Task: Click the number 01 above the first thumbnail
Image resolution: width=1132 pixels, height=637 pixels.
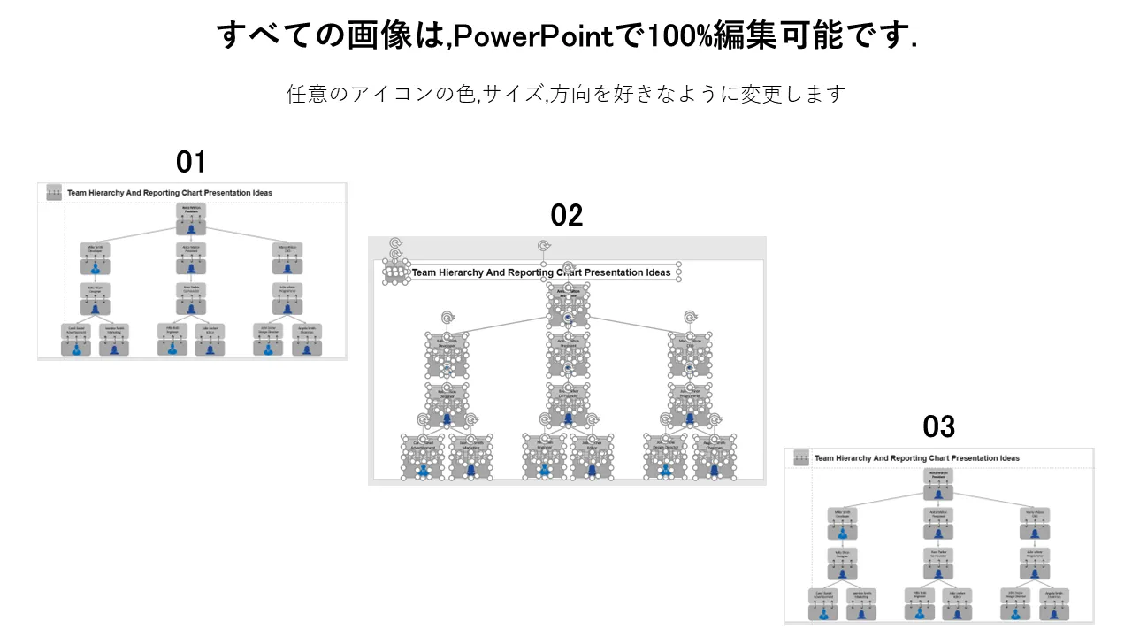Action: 191,162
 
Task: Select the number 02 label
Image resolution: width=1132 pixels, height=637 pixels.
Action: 567,215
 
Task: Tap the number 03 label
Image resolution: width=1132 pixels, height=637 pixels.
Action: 938,427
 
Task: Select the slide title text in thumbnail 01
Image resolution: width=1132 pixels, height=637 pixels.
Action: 170,192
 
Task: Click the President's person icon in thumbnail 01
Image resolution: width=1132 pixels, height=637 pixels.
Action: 191,229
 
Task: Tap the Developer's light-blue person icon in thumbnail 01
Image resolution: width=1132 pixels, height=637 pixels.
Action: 96,267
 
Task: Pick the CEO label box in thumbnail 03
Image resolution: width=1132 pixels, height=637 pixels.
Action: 1035,514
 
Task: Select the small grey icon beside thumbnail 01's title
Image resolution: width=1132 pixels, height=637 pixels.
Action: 54,192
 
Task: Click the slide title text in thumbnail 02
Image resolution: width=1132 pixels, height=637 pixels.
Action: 541,272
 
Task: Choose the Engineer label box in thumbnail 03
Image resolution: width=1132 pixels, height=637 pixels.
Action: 920,595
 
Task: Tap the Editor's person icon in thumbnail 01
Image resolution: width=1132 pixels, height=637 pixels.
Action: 210,348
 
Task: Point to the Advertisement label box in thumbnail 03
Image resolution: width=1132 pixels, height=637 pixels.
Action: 823,595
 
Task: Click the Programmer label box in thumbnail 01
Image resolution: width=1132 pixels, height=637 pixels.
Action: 287,288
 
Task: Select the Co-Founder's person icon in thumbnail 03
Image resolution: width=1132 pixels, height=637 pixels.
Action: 938,572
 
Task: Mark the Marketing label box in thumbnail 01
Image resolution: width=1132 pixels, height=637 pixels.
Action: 113,330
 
